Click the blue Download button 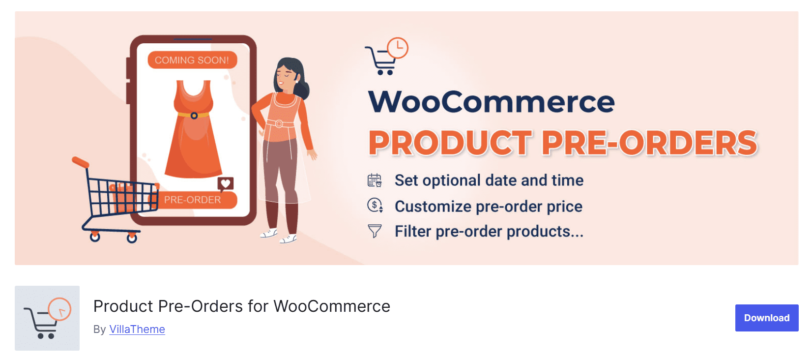pos(766,318)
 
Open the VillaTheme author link pos(137,329)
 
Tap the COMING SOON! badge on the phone pos(192,60)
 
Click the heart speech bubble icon pos(226,184)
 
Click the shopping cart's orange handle pos(81,162)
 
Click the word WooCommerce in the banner pos(491,102)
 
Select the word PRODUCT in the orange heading pos(450,143)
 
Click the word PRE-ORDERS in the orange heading pos(649,143)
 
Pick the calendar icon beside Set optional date pos(375,180)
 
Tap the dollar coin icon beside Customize pos(375,205)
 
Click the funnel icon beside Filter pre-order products pos(375,231)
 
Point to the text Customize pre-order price pos(488,207)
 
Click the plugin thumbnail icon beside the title pos(47,318)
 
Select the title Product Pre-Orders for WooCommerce pos(241,306)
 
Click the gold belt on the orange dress pos(194,115)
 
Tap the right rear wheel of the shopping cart pos(132,238)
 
